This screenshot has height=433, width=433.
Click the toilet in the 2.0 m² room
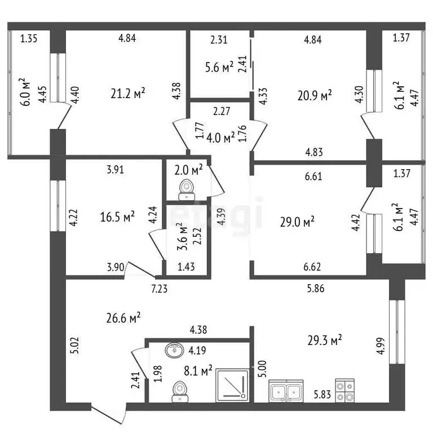pyautogui.click(x=184, y=190)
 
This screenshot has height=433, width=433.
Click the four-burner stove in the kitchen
pyautogui.click(x=344, y=390)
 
